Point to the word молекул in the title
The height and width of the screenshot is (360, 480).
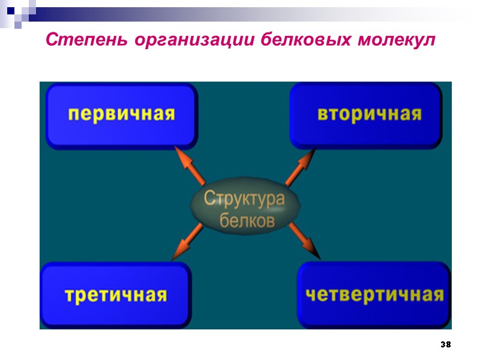click(x=395, y=40)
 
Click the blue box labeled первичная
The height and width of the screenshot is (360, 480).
click(x=121, y=116)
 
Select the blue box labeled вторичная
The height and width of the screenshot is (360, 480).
click(x=366, y=115)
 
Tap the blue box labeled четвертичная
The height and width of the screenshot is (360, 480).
click(x=373, y=295)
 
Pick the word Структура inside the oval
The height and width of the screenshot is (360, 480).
click(x=245, y=199)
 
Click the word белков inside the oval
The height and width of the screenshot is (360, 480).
click(x=247, y=221)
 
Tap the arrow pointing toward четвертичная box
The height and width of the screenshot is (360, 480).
click(x=304, y=241)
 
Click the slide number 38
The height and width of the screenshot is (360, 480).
click(x=445, y=345)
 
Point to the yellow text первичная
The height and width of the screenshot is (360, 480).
click(x=121, y=114)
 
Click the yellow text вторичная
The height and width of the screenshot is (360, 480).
click(x=369, y=114)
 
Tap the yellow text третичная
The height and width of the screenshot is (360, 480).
click(x=115, y=295)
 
